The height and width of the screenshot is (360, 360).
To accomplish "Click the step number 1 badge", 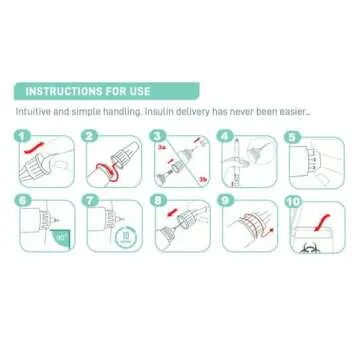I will point(22,134).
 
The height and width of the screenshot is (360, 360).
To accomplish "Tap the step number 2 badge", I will point(89,134).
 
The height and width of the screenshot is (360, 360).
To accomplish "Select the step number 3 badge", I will point(157,134).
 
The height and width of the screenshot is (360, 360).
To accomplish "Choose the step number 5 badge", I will point(292,134).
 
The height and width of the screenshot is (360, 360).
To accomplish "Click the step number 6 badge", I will point(22,200).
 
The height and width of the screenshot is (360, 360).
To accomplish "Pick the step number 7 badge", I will point(89,200).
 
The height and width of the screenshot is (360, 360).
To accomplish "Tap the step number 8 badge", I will point(157,200).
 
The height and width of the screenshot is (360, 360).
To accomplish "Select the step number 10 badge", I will point(292,200).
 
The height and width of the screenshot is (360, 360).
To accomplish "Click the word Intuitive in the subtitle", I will point(33,113).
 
